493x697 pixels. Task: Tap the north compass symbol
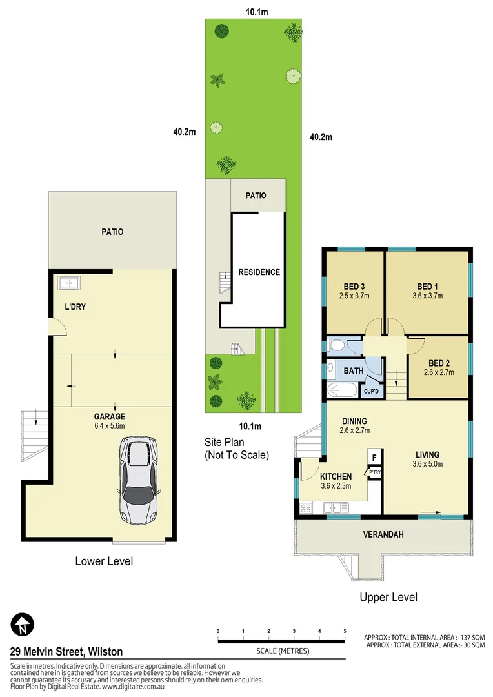[x=23, y=624]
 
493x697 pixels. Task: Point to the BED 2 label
[x=439, y=361]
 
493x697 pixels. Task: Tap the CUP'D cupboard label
[x=371, y=392]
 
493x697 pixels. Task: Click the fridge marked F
[x=374, y=458]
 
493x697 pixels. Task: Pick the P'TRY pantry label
[x=374, y=473]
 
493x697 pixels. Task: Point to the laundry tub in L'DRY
[x=67, y=283]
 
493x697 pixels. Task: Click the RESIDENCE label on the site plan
[x=258, y=272]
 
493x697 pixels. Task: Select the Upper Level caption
[x=388, y=597]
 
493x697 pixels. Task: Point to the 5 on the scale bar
[x=345, y=631]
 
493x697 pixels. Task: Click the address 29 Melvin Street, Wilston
[x=66, y=652]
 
